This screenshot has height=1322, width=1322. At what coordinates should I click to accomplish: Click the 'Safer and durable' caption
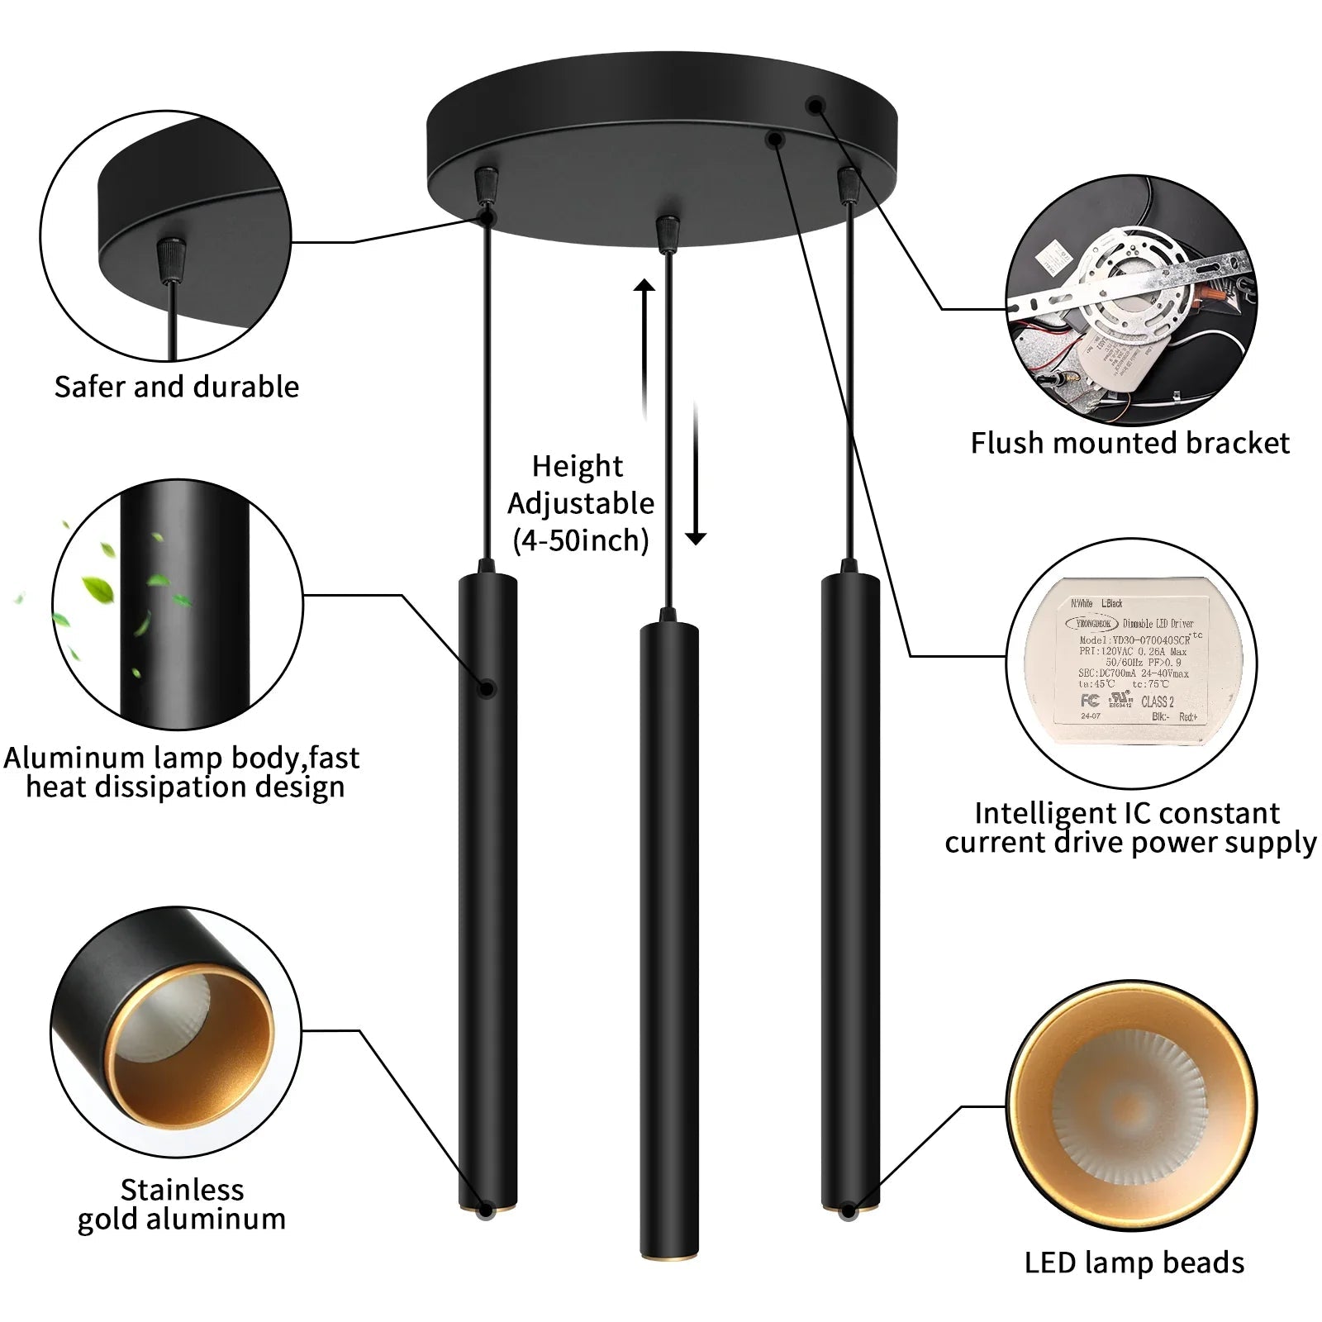176,387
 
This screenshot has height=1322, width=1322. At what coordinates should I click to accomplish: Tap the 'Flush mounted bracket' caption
1129,444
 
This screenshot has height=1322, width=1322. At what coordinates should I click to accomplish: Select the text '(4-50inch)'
581,541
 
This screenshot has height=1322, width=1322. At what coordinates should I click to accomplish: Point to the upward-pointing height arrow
644,347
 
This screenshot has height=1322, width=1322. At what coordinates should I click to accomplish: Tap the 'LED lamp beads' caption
1134,1263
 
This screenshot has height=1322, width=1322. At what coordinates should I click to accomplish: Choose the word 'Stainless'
182,1190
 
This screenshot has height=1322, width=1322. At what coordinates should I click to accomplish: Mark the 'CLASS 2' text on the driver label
1157,701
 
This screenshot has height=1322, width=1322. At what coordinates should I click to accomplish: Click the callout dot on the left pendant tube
487,688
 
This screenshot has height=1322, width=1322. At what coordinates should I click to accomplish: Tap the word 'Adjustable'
581,503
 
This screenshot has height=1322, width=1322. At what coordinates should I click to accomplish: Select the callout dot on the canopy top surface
816,106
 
